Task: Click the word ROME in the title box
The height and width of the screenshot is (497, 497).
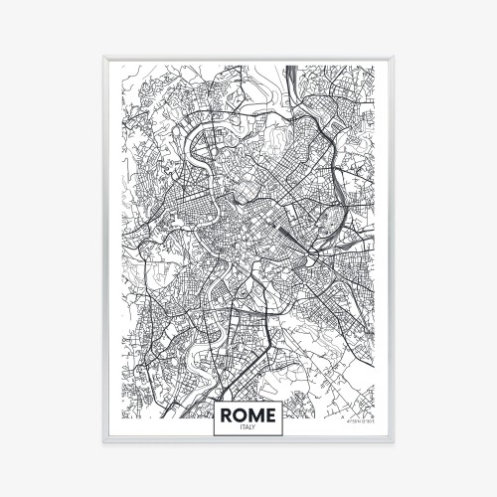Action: tap(248, 412)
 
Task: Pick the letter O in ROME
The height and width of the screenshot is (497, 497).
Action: tap(241, 412)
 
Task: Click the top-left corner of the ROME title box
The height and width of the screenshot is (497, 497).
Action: tap(213, 400)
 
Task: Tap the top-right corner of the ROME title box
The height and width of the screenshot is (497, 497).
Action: tap(284, 400)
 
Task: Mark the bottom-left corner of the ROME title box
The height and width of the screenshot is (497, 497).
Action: tap(213, 435)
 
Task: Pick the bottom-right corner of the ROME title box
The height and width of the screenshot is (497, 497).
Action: tap(284, 435)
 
